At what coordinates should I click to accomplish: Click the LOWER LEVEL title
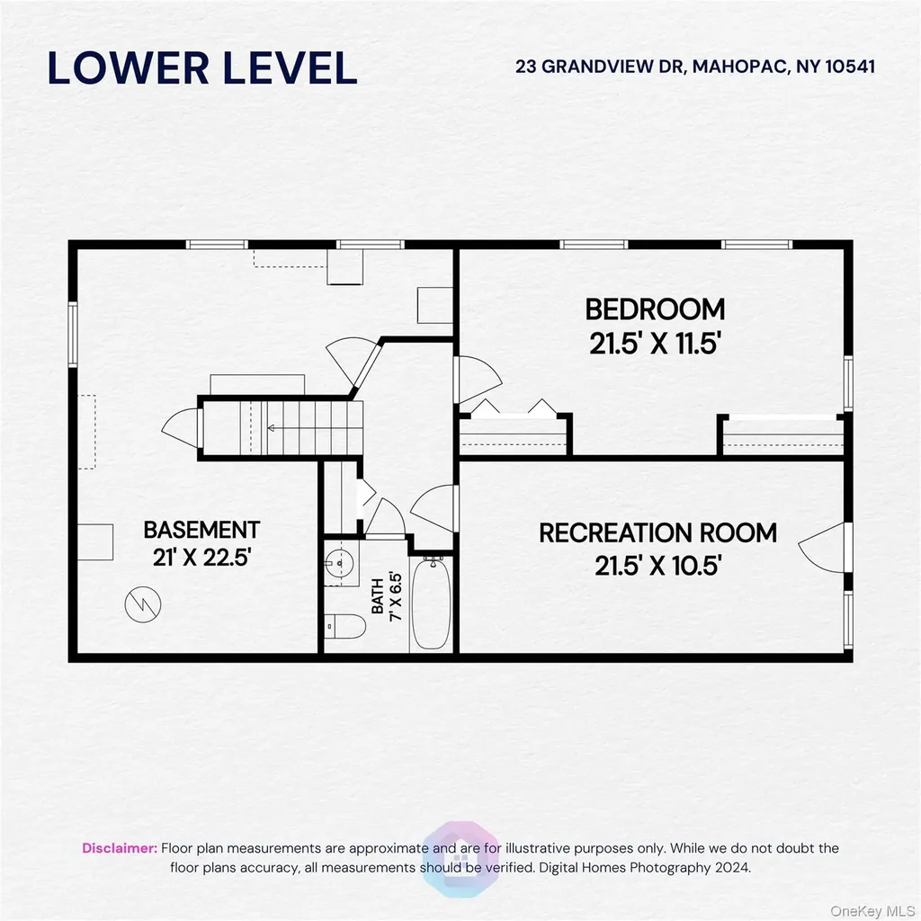coord(202,67)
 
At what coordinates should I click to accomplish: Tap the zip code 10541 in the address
coord(850,67)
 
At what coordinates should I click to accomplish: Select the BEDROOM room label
coord(655,309)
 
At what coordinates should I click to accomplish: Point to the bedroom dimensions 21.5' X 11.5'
coord(655,344)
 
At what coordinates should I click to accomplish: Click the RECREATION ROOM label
coord(657,532)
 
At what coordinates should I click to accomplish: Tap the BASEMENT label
coord(201,530)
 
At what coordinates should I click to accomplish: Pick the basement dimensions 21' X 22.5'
coord(201,557)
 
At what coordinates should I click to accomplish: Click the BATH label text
coord(378,596)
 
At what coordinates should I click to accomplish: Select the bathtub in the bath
coord(431,604)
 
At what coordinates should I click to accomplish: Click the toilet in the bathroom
coord(344,626)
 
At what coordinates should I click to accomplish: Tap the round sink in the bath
coord(339,563)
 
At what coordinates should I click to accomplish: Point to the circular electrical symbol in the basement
coord(143,604)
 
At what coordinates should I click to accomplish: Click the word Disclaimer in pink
coord(120,848)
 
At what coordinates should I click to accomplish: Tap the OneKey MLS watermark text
coord(872,911)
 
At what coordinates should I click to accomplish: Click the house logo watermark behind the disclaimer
coord(460,859)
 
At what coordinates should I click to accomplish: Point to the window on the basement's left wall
coord(73,335)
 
